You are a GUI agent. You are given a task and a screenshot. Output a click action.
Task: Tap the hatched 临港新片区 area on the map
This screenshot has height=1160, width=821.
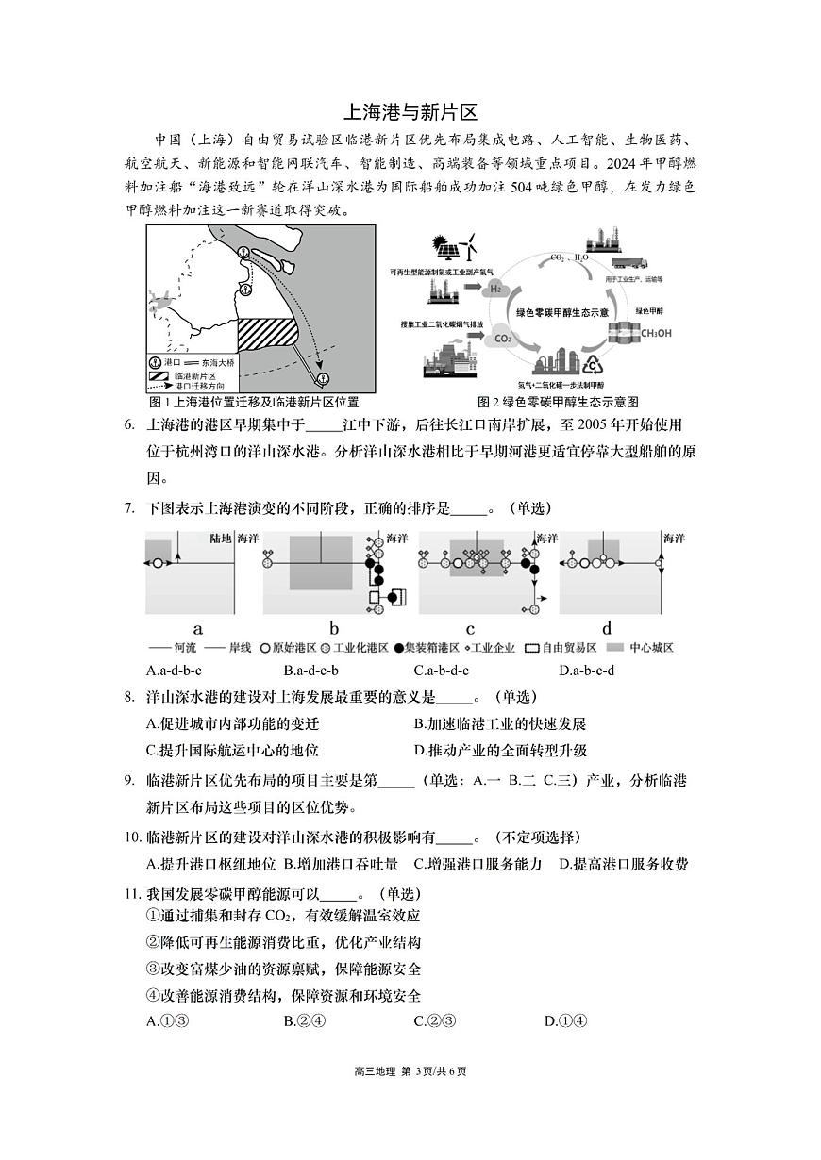tap(266, 336)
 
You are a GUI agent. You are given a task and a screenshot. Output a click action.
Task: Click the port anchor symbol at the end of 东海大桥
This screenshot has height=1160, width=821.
tap(324, 379)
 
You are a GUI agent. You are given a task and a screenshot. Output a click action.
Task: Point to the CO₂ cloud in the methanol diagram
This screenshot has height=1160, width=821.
tap(502, 338)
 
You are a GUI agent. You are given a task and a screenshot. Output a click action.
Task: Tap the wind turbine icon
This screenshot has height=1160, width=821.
tap(473, 247)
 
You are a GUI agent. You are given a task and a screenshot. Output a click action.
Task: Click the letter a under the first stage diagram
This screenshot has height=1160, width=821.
tap(198, 629)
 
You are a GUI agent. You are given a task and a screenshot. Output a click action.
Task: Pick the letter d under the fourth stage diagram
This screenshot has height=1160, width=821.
tap(607, 629)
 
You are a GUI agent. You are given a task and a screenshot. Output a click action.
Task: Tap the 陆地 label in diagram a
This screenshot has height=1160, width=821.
tap(220, 539)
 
